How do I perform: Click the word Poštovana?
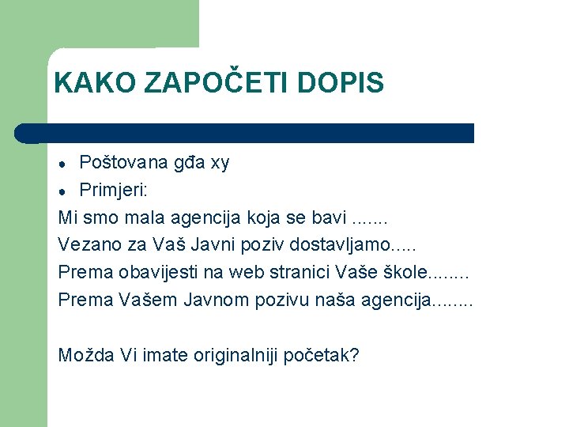[123, 163]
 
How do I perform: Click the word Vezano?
[88, 244]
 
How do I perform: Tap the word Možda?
[86, 354]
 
